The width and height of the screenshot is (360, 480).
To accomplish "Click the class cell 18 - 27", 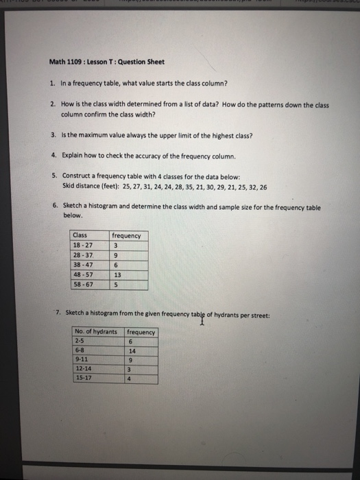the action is pyautogui.click(x=83, y=245).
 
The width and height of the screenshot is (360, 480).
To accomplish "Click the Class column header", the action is pyautogui.click(x=80, y=236).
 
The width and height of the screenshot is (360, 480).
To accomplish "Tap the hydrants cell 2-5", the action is pyautogui.click(x=81, y=341).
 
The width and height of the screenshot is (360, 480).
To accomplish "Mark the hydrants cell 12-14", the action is pyautogui.click(x=84, y=368).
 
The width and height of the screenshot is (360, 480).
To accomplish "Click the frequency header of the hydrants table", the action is pyautogui.click(x=141, y=333).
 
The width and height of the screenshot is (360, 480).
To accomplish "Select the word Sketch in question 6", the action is pyautogui.click(x=72, y=206).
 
